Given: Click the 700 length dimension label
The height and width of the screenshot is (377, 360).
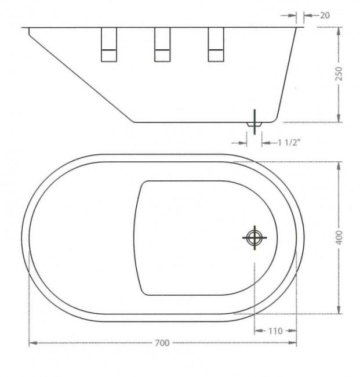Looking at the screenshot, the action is click(162, 343).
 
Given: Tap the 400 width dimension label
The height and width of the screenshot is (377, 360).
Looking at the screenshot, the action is click(339, 238).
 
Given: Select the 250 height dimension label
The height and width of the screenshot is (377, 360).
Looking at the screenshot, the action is click(339, 74).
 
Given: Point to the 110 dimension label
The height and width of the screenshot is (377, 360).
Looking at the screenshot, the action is click(275, 331).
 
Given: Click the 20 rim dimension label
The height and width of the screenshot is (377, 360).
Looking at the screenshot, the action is click(325, 16).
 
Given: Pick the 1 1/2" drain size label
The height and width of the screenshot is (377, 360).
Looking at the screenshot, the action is click(289, 143).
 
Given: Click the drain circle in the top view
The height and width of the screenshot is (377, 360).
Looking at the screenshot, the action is click(254, 238).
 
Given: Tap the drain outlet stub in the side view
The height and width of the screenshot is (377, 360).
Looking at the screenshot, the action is click(254, 124).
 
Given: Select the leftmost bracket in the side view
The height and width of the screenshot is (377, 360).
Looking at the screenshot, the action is click(109, 45).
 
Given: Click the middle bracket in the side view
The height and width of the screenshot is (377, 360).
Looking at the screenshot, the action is click(162, 45).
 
